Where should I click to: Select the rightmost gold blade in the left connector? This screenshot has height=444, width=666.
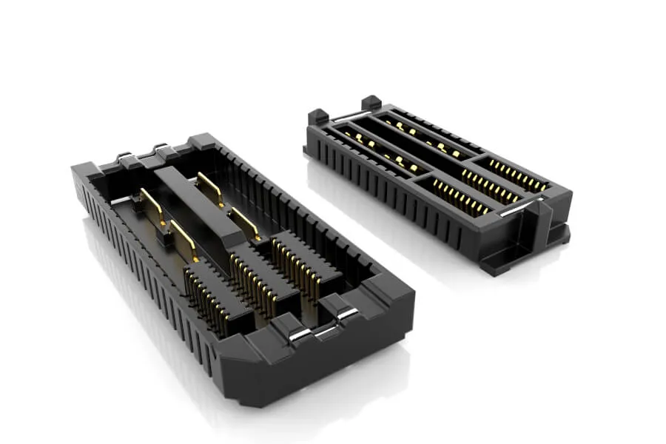[245, 223]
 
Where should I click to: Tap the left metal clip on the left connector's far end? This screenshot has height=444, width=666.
[125, 156]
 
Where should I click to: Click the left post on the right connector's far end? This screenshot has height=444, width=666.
[317, 116]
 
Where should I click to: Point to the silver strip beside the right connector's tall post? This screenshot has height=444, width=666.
[513, 210]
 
